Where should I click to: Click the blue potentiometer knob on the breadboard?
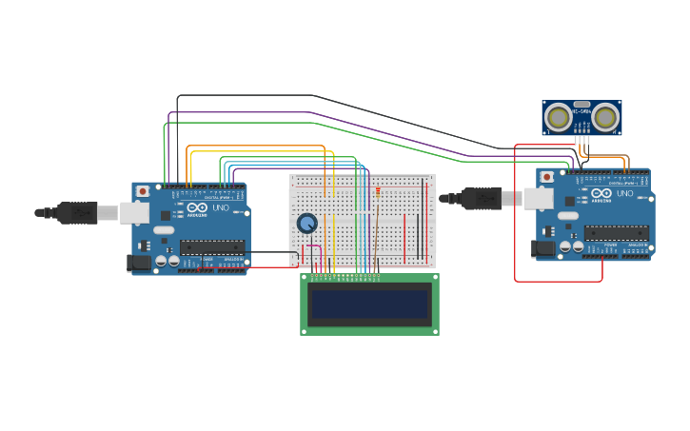point(306,223)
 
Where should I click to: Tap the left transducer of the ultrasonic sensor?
point(559,118)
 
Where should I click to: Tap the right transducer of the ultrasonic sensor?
point(606,118)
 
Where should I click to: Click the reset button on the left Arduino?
point(143,191)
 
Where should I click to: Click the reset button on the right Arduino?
point(547,177)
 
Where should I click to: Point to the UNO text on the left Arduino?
point(220,207)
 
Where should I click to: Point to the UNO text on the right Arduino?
point(624,193)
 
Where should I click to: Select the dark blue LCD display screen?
point(369,304)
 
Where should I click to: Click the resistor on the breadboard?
point(378,192)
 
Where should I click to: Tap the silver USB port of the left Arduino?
point(134,212)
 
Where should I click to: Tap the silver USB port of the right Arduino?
point(539,198)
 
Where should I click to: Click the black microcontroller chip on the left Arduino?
point(212,247)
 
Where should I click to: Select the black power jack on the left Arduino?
point(139,262)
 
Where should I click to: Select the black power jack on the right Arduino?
point(543,247)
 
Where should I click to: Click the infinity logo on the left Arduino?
point(197,207)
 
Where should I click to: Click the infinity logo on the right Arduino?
point(601,193)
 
